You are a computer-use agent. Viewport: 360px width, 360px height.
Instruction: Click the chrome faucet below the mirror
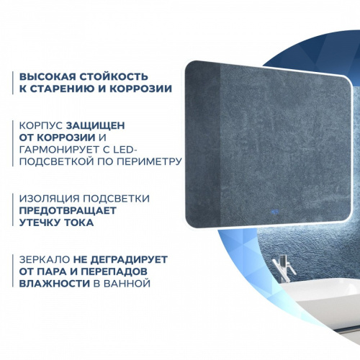(286, 270)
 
